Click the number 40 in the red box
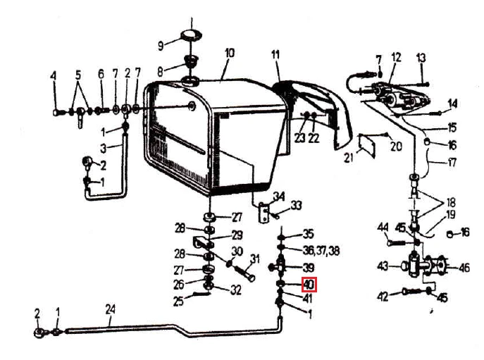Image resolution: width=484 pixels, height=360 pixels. (309, 285)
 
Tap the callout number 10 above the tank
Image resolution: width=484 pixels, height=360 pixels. (230, 53)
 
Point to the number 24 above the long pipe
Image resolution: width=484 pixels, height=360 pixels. (110, 309)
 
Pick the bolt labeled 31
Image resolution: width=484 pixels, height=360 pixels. (244, 274)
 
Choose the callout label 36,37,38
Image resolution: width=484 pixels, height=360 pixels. (321, 250)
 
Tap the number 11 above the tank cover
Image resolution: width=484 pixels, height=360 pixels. (275, 55)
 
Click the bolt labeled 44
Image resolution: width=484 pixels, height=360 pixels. (399, 243)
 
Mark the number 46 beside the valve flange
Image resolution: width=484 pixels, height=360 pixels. (464, 268)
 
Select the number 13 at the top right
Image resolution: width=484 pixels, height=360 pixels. (421, 58)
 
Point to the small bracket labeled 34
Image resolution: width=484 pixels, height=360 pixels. (263, 213)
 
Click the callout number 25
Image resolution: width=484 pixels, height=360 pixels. (178, 302)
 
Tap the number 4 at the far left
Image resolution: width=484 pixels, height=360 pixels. (54, 75)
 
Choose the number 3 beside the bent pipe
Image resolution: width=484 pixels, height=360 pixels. (104, 149)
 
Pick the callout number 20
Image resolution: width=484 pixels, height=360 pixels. (396, 147)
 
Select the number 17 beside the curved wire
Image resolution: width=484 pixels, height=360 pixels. (452, 162)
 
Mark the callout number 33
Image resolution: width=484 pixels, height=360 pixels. (297, 205)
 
